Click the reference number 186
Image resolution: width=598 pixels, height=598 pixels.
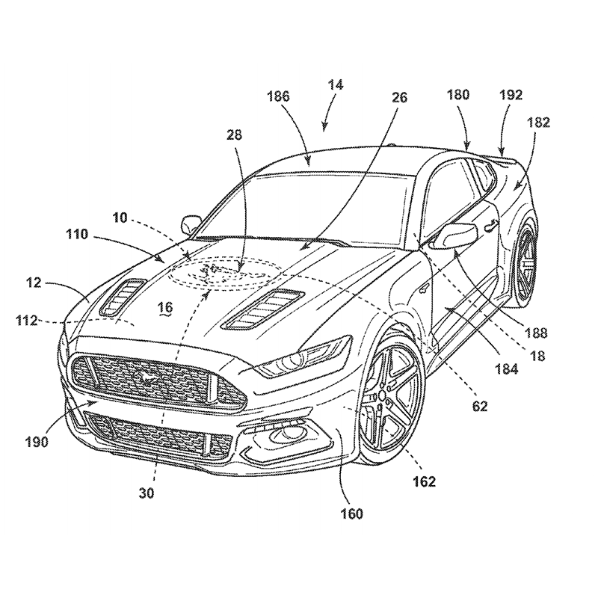[x=276, y=96]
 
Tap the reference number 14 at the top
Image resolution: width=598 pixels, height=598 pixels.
[x=336, y=86]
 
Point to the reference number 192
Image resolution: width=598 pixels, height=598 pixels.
[x=512, y=95]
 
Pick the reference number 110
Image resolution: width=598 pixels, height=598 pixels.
[x=96, y=234]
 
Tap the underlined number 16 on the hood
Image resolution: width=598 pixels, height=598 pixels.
[x=164, y=306]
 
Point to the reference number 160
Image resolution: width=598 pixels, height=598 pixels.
[x=351, y=514]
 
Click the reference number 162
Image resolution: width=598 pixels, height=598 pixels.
[x=423, y=481]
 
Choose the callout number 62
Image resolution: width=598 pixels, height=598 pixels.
[x=479, y=407]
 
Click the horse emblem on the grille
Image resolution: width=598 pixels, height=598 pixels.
[x=147, y=374]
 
